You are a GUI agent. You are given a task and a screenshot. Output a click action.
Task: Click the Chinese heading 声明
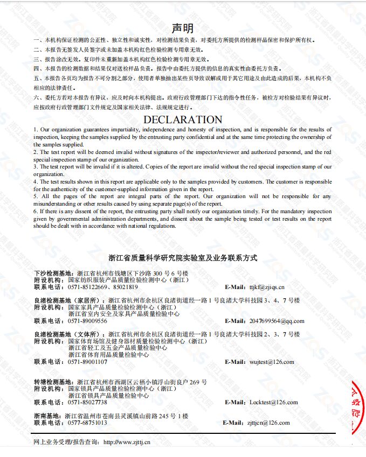point(183,28)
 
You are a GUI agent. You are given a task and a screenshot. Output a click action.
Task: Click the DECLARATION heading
point(183,119)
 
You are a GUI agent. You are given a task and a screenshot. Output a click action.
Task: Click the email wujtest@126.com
point(272,362)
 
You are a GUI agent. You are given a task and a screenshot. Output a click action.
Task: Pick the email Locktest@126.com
point(273,402)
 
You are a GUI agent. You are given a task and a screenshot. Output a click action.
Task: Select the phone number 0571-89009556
point(87,321)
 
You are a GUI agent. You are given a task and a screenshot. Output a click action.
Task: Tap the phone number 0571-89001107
point(87,362)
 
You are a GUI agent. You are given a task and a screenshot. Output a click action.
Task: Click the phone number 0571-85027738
point(87,402)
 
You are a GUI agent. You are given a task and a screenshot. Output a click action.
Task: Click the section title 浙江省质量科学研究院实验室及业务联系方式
point(183,258)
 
